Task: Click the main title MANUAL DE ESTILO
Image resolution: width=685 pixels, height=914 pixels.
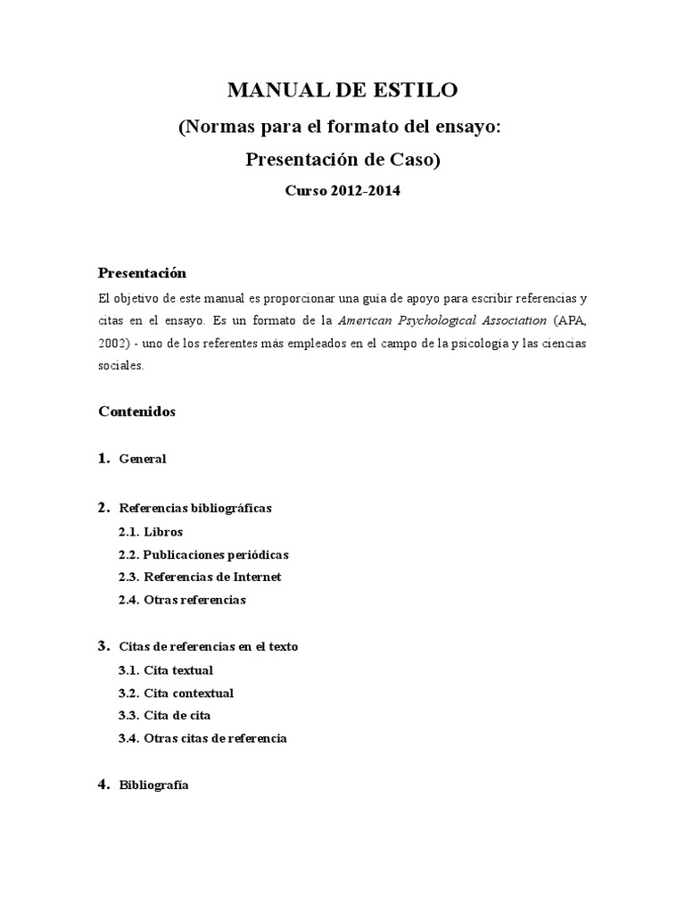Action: pyautogui.click(x=342, y=90)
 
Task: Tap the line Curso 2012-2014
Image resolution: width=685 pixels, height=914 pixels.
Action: pyautogui.click(x=342, y=192)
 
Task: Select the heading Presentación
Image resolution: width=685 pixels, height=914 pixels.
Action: pyautogui.click(x=141, y=273)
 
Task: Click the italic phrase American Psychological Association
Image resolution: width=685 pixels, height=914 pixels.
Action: pyautogui.click(x=442, y=320)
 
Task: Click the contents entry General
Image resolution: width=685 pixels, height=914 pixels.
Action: pyautogui.click(x=143, y=460)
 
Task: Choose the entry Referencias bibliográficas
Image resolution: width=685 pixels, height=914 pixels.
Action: pyautogui.click(x=194, y=508)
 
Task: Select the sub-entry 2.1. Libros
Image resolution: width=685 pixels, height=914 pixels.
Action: pyautogui.click(x=150, y=532)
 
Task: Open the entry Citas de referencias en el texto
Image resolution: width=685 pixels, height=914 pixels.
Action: pyautogui.click(x=208, y=646)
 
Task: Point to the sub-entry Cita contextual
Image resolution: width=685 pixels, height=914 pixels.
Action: pyautogui.click(x=188, y=694)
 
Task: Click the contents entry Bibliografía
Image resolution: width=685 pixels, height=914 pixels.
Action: pyautogui.click(x=153, y=786)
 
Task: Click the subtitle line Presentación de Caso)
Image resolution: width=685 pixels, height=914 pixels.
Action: pyautogui.click(x=342, y=160)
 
